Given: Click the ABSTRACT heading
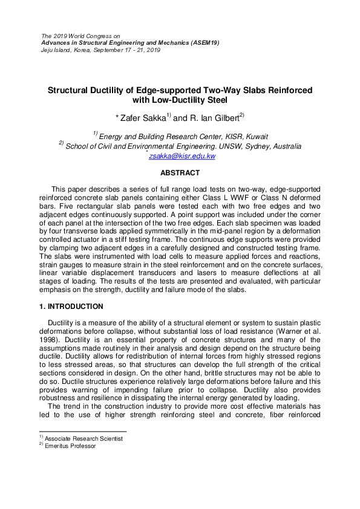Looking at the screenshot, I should coord(180,173).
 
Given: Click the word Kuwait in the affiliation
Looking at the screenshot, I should coord(256,137).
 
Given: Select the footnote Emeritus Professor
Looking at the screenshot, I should coord(70,446).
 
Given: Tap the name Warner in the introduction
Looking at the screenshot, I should coord(292,331).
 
